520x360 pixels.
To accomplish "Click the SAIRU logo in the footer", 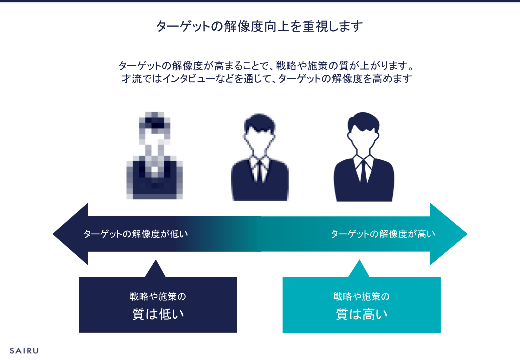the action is pyautogui.click(x=24, y=350).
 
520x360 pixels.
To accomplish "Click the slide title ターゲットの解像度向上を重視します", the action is pyautogui.click(x=259, y=26).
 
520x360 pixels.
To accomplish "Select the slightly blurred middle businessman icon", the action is pyautogui.click(x=259, y=158).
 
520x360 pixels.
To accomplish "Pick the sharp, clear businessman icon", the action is pyautogui.click(x=364, y=158).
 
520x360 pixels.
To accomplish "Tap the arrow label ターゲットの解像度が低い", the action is pyautogui.click(x=136, y=234).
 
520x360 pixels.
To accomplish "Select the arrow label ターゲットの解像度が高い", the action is pyautogui.click(x=383, y=234).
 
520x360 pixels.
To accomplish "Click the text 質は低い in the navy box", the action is pyautogui.click(x=158, y=314).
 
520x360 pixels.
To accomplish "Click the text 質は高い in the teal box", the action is pyautogui.click(x=362, y=314).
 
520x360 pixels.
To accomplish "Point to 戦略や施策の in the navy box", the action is pyautogui.click(x=158, y=296).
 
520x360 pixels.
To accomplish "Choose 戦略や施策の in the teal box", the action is pyautogui.click(x=362, y=296).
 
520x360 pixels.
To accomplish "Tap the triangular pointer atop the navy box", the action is pyautogui.click(x=155, y=270).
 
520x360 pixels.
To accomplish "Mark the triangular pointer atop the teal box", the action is pyautogui.click(x=359, y=270).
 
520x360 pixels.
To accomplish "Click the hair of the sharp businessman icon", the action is pyautogui.click(x=363, y=120).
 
